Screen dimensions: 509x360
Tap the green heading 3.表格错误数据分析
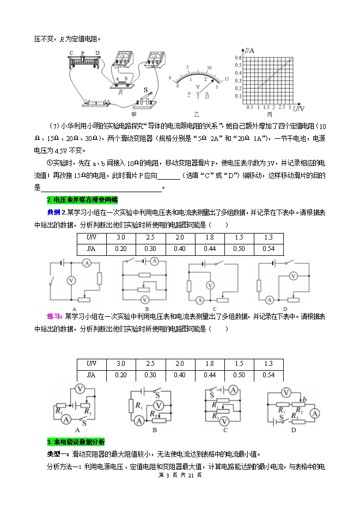(76, 441)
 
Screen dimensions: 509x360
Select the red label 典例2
(56, 212)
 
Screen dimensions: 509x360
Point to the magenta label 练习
(55, 316)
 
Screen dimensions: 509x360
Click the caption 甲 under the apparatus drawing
(134, 115)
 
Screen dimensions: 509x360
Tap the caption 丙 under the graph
(270, 115)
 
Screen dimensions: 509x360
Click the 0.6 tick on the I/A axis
(237, 57)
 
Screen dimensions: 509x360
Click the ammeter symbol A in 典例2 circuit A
(86, 263)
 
